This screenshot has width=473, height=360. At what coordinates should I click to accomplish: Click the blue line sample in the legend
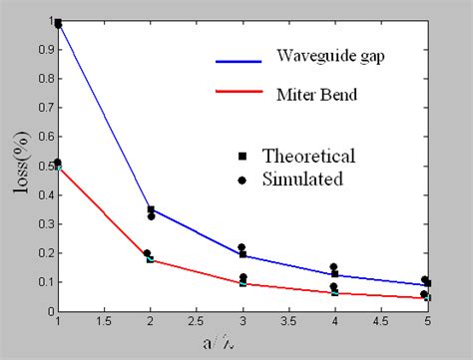(241, 61)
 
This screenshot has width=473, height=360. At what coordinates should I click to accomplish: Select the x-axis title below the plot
(243, 344)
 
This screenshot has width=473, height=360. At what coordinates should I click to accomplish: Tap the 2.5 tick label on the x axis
(197, 323)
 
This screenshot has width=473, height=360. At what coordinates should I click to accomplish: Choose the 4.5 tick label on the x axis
(382, 323)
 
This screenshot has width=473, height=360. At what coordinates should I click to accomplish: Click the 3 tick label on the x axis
(242, 323)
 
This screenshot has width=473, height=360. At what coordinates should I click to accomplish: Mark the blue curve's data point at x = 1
(58, 23)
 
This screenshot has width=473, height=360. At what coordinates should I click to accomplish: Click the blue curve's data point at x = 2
(151, 209)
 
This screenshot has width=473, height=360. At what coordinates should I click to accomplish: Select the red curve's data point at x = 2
(151, 259)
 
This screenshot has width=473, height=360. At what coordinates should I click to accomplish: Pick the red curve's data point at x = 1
(58, 166)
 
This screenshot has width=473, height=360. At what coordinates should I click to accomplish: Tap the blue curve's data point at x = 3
(242, 254)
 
